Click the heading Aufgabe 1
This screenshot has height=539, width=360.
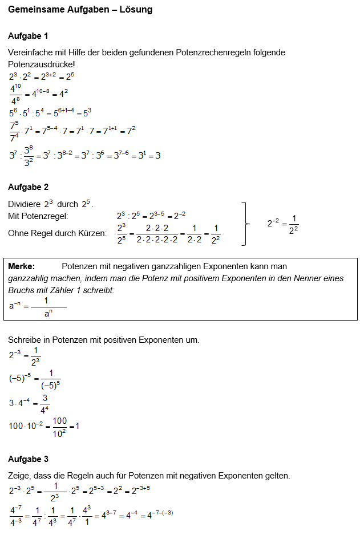click(28, 36)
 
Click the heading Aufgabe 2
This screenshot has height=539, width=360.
click(28, 187)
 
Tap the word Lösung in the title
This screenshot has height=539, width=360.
click(136, 10)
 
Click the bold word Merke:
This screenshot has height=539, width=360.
click(22, 266)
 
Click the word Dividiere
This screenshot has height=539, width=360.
click(24, 204)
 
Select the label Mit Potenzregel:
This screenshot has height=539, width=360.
click(38, 216)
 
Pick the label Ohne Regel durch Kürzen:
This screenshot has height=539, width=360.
click(57, 233)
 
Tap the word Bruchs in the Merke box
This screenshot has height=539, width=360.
click(22, 290)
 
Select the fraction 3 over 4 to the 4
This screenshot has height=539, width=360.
click(45, 404)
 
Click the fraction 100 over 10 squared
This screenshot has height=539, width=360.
click(59, 426)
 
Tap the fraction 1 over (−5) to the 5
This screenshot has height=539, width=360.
click(51, 380)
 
